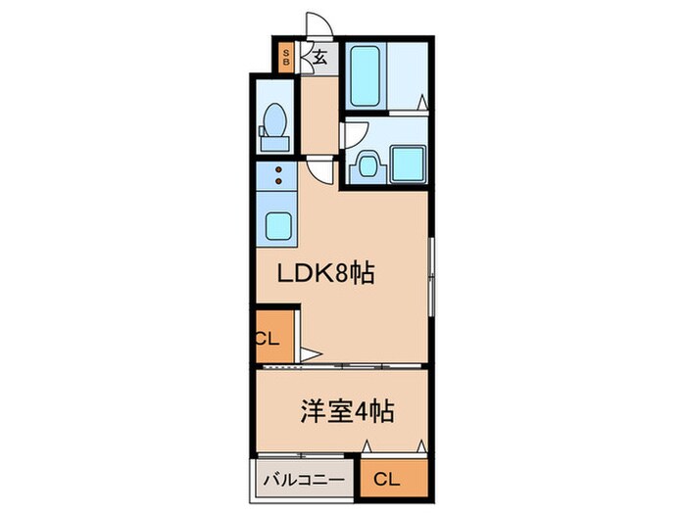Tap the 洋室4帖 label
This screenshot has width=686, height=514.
[346, 410]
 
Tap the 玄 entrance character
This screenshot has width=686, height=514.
[319, 57]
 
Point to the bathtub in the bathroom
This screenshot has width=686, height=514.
[367, 75]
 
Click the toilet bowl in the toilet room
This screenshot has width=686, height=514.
[275, 125]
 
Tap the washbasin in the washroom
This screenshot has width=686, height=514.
[368, 164]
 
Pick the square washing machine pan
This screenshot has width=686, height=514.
[408, 162]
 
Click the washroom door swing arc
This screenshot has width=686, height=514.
[354, 133]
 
